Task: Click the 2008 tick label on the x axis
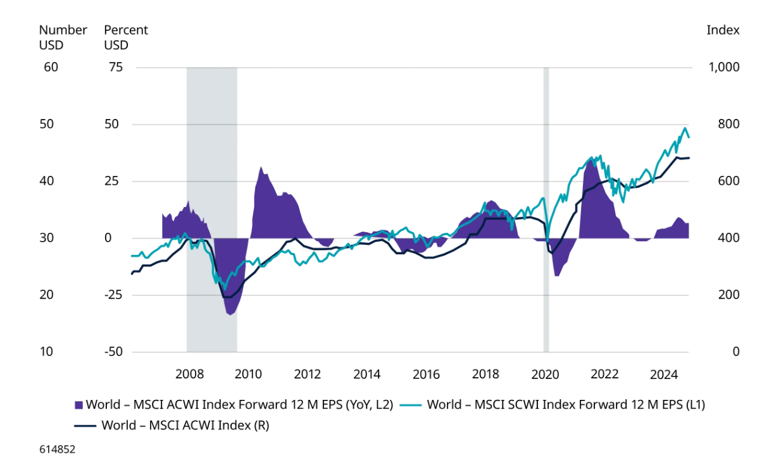point(189,374)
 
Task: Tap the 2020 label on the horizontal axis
point(546,374)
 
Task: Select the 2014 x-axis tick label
point(367,374)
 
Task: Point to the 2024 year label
point(665,374)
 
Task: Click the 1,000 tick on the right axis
point(722,67)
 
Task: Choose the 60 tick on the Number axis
point(51,67)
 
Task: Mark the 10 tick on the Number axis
point(46,352)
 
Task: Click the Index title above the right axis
point(723,30)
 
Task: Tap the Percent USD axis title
point(125,37)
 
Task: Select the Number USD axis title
point(63,37)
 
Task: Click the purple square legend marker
point(79,405)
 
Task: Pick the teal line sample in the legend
point(413,405)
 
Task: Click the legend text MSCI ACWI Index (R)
point(185,425)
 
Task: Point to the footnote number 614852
point(58,449)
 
